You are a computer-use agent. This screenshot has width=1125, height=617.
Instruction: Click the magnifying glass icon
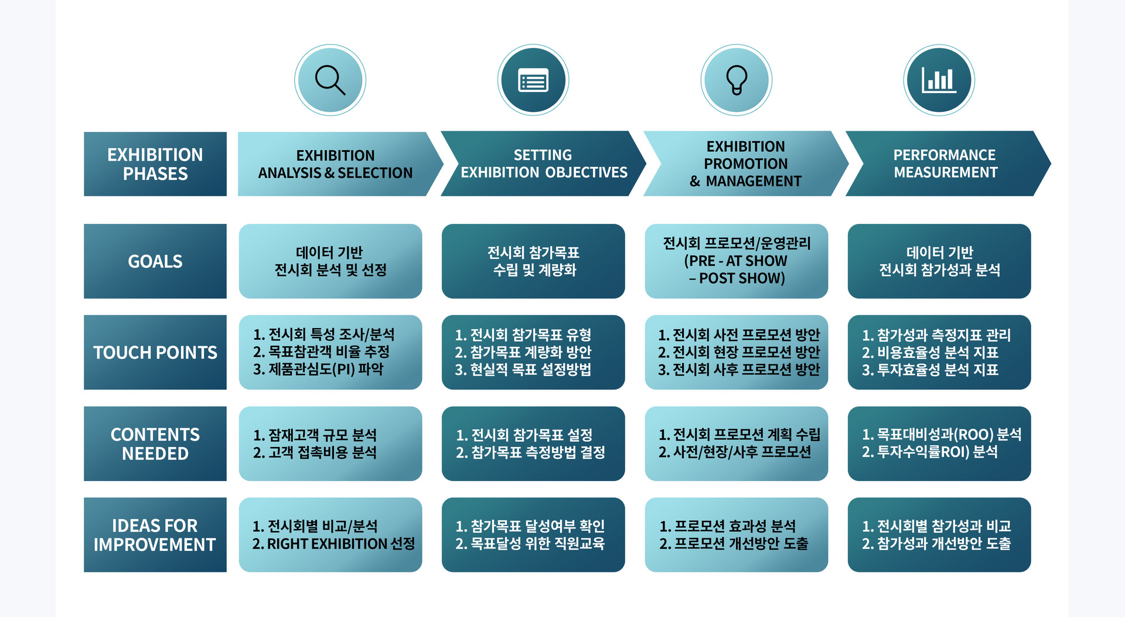click(330, 80)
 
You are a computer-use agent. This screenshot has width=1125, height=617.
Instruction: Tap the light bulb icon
click(737, 80)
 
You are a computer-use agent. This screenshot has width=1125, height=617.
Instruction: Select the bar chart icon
click(939, 80)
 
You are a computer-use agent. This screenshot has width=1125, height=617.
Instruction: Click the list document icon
click(533, 80)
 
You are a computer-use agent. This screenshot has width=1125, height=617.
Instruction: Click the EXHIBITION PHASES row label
click(155, 164)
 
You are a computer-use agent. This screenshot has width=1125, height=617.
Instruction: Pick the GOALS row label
click(155, 261)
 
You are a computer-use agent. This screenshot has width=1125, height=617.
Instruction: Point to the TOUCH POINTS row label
click(155, 352)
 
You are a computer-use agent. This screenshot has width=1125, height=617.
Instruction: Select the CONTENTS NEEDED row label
click(155, 444)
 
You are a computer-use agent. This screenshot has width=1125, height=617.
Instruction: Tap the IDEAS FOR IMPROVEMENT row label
click(155, 534)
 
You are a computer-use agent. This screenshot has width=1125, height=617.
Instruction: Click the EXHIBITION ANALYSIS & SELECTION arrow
click(335, 164)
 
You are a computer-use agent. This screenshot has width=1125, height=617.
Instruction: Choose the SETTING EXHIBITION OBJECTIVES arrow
click(543, 164)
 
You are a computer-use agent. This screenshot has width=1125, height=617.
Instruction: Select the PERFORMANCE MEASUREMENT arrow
click(945, 164)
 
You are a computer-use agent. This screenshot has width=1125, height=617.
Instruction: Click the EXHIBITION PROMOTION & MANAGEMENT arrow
click(745, 164)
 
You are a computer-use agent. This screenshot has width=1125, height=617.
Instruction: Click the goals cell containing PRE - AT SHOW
click(736, 261)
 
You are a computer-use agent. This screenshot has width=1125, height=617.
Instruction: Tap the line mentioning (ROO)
click(942, 434)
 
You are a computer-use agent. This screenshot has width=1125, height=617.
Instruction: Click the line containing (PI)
click(318, 369)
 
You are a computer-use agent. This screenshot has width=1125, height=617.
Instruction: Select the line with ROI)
click(930, 452)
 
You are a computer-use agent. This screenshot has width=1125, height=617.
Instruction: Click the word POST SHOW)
click(742, 278)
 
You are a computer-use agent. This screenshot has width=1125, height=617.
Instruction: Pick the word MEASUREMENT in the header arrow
click(945, 172)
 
